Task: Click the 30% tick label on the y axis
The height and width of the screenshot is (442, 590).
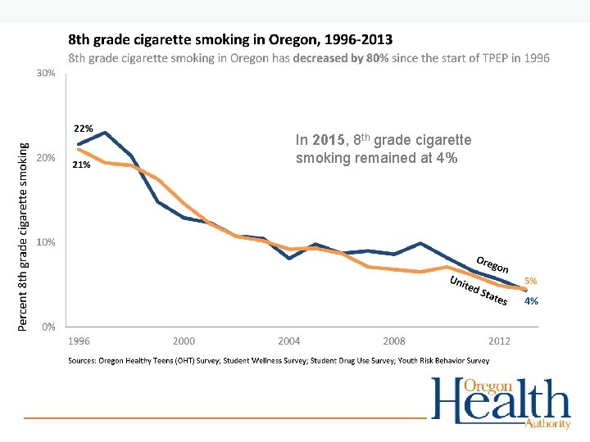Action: pos(46,73)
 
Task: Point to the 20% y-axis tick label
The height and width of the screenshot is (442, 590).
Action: pos(46,158)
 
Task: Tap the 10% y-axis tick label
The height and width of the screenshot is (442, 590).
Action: pos(46,242)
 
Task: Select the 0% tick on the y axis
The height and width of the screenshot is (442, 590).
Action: pos(49,327)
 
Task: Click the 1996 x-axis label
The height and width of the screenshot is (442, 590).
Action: pos(79,341)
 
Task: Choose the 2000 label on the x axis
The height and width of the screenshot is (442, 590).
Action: pos(184,341)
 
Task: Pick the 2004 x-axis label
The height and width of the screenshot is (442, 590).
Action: pos(289,341)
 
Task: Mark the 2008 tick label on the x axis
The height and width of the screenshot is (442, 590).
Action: pos(394,341)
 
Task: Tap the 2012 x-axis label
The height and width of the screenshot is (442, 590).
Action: pos(499,341)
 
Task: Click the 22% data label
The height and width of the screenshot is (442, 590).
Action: pos(84,129)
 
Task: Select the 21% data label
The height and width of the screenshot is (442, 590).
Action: pos(81,165)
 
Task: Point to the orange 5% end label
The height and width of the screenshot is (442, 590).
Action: pos(531,281)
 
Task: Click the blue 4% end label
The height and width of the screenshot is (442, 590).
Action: pos(531,301)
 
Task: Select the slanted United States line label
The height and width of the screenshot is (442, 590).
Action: pos(479,291)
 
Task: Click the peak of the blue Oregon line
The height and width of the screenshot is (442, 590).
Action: pos(105,133)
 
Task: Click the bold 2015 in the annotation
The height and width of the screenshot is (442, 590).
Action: pos(326,140)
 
